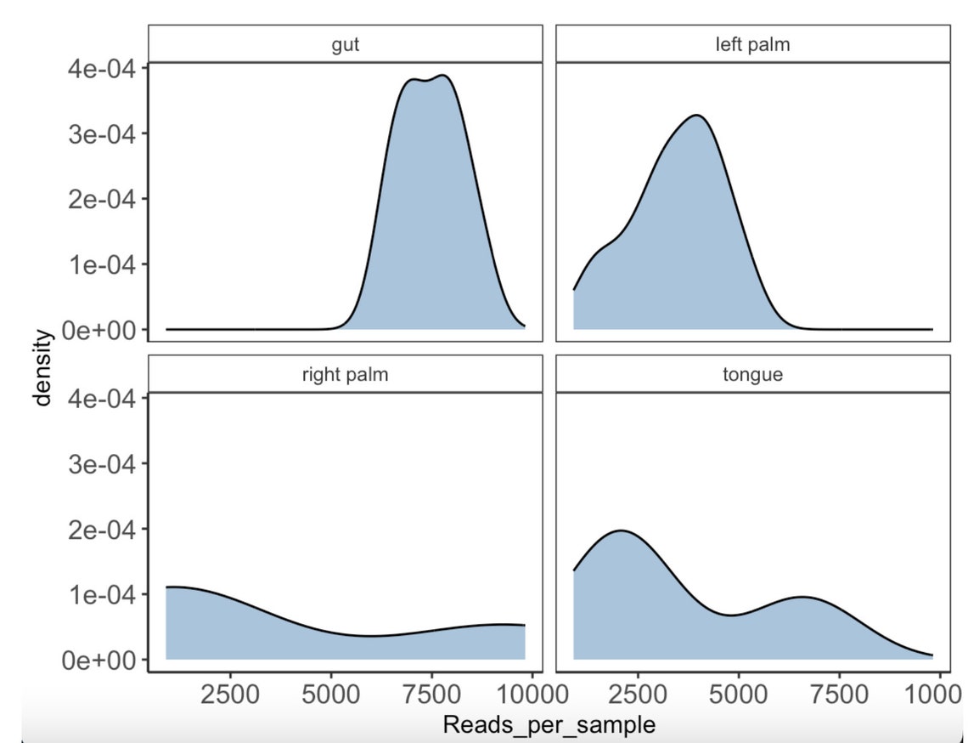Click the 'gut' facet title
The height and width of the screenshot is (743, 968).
coord(345,44)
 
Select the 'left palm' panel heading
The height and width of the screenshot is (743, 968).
coord(752,44)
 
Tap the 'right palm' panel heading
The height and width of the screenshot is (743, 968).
coord(345,374)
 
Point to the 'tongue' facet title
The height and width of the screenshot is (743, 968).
coord(752,374)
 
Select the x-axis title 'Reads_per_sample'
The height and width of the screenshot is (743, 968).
coord(549,724)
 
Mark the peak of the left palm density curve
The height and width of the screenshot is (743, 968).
coord(696,115)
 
